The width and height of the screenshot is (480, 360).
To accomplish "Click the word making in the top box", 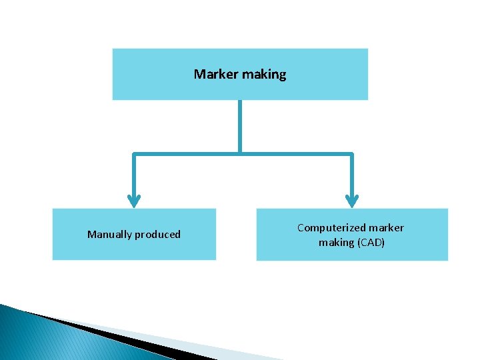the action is point(264,75).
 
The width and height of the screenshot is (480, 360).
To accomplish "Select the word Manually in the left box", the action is point(109,235).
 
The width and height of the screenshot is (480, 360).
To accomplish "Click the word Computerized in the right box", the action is point(327,228).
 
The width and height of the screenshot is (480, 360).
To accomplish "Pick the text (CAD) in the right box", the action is point(371,243).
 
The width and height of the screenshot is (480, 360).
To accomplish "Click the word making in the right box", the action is point(337,243).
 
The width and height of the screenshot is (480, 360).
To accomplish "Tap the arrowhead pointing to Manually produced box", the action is point(134,200).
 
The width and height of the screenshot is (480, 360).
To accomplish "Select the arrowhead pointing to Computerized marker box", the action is point(352,200).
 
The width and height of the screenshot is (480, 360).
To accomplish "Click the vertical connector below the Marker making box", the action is point(240,127).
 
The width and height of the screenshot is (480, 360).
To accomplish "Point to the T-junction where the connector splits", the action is point(240,154).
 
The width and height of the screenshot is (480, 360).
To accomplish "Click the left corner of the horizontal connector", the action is point(134,154).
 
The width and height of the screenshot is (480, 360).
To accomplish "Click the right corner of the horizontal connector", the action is point(352,154).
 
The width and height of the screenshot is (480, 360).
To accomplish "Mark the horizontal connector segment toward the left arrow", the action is point(187,154).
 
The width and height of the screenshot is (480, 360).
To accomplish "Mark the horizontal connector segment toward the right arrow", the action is point(297,154).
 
